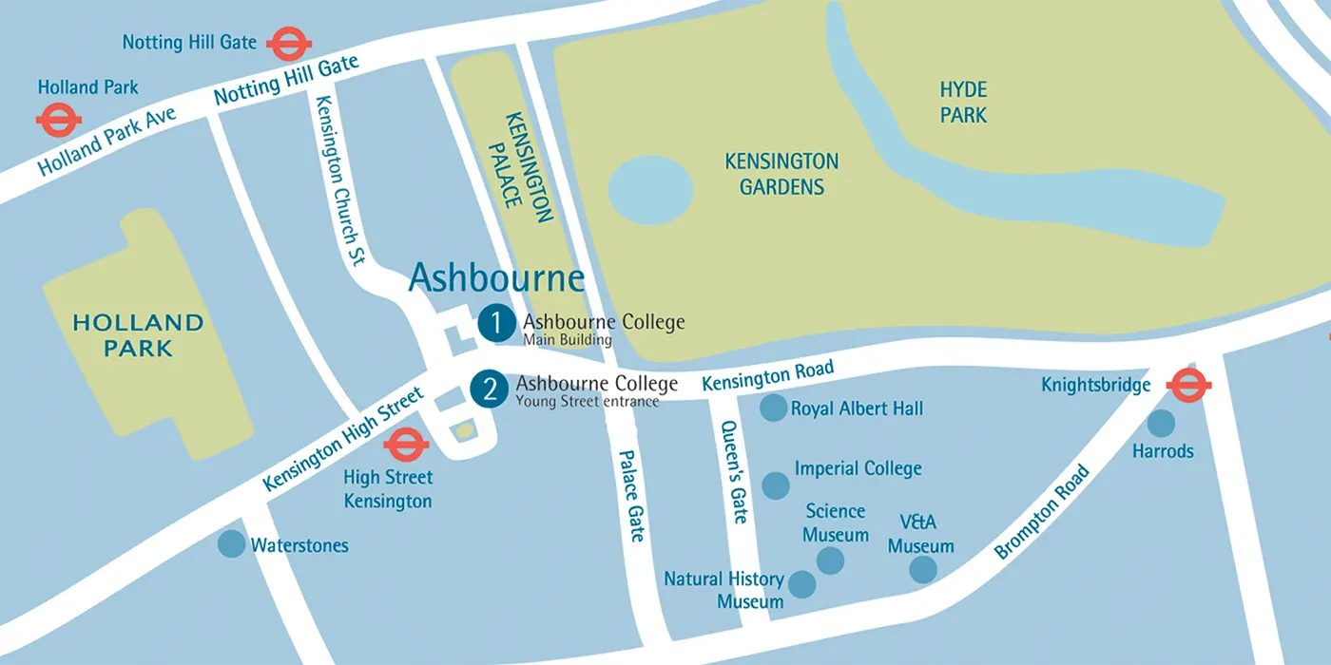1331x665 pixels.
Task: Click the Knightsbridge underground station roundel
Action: coord(1188,386)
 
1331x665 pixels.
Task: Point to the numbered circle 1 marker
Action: coord(496,323)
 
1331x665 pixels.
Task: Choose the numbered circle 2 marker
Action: coord(490,389)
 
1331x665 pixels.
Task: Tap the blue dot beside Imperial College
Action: coord(776,485)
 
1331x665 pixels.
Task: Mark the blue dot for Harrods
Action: coord(1161,423)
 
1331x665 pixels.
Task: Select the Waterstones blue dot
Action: coord(231,544)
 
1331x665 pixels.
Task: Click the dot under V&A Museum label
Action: coord(922,569)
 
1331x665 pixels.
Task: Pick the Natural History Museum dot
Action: coord(802,584)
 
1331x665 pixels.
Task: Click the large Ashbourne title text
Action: coord(496,278)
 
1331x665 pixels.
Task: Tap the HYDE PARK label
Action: coord(963,103)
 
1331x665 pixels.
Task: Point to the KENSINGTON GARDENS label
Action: coord(781,174)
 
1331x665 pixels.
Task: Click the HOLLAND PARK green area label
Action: coord(139,335)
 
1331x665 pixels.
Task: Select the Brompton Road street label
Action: coord(1042,511)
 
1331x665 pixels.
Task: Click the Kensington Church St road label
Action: coord(340,180)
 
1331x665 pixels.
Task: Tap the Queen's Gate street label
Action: coord(734,472)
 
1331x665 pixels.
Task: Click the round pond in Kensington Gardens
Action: coord(650,190)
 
